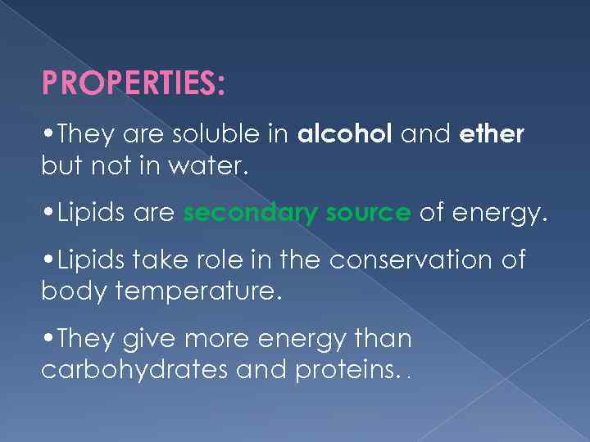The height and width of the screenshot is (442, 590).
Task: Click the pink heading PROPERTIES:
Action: [133, 83]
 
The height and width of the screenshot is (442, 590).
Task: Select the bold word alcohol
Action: [344, 134]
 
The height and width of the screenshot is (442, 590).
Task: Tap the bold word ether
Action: [492, 134]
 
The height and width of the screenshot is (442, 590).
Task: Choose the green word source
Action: [368, 214]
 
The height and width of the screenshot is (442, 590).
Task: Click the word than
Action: [383, 338]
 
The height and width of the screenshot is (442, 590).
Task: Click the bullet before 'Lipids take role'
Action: [46, 261]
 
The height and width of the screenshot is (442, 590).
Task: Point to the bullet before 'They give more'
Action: [46, 339]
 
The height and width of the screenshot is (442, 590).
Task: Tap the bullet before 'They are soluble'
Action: [46, 134]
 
